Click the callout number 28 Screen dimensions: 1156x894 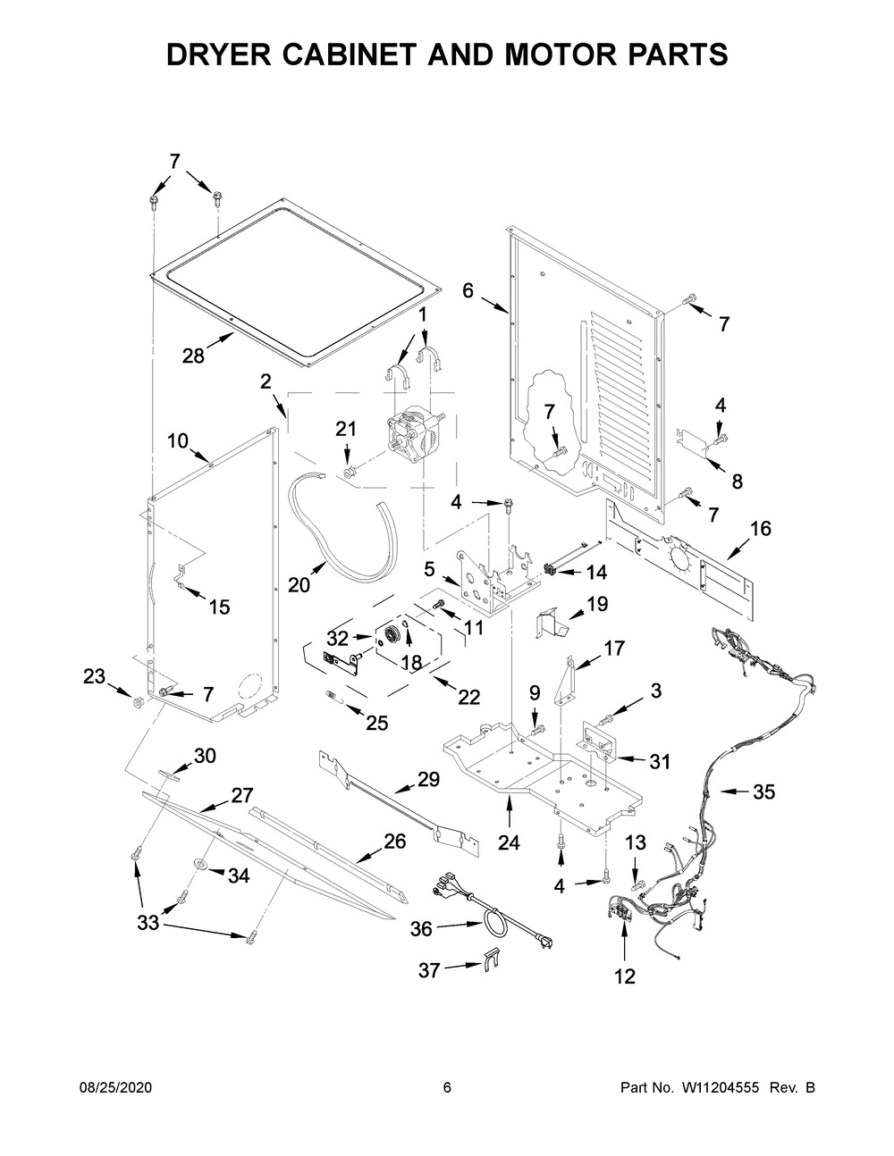point(193,356)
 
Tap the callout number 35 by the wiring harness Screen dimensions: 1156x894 point(763,792)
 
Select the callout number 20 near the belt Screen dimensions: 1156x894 point(299,585)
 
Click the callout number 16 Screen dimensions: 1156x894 point(760,529)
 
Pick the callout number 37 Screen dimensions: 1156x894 point(429,969)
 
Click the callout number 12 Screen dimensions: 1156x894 point(624,976)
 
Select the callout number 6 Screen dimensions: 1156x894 point(468,290)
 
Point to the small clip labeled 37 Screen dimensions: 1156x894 point(489,958)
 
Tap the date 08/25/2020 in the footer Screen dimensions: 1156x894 point(115,1087)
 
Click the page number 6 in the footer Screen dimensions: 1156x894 point(447,1087)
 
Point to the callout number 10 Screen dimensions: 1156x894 point(177,440)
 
